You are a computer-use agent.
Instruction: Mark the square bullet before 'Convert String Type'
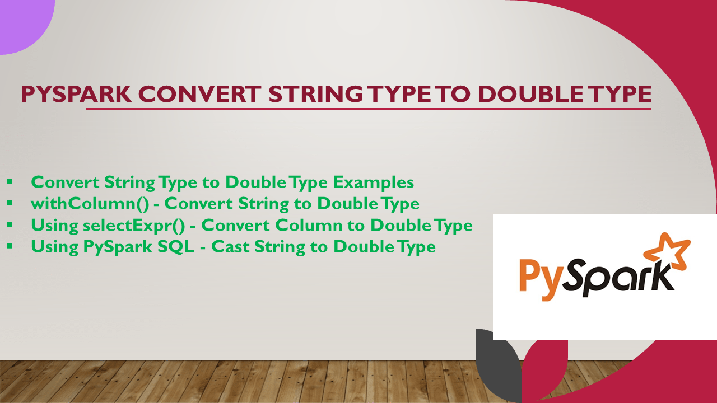10,182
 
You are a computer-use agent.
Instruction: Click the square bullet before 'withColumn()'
10,204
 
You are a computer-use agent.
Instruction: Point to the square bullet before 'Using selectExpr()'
10,225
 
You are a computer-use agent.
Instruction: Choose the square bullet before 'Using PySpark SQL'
10,246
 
